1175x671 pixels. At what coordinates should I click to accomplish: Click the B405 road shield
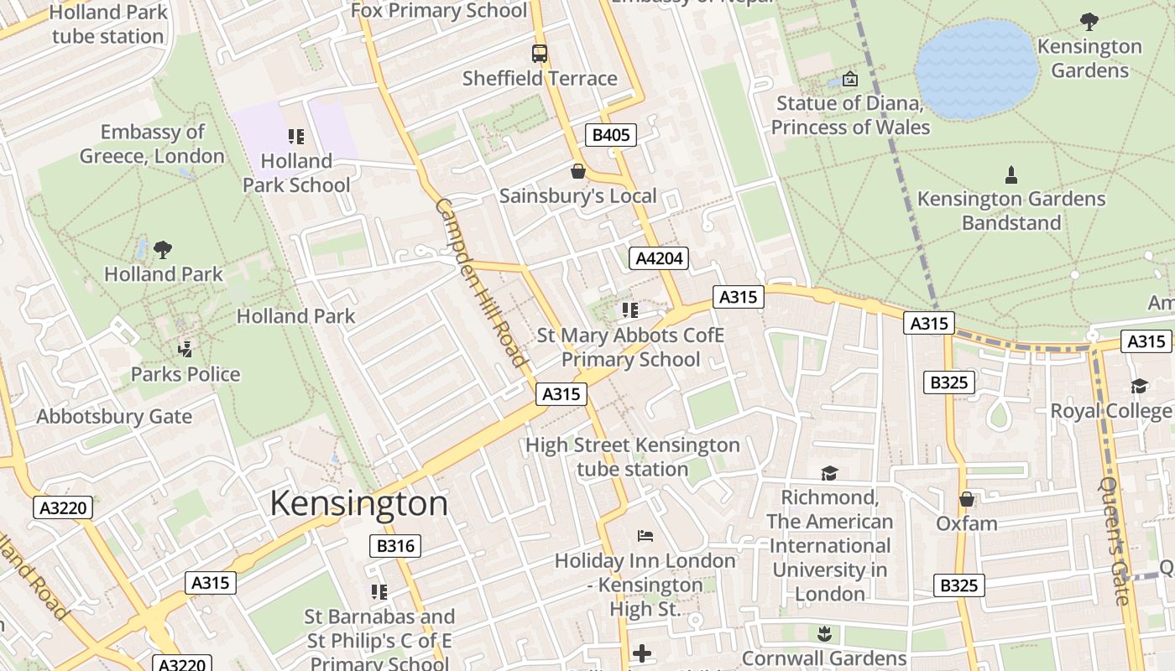(610, 135)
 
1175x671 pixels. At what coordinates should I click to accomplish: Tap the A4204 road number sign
(658, 258)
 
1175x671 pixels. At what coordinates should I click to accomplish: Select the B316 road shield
(395, 546)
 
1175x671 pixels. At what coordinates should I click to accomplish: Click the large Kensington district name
(358, 503)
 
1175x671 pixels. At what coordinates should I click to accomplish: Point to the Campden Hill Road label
(481, 283)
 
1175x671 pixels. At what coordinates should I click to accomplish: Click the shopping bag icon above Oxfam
(967, 499)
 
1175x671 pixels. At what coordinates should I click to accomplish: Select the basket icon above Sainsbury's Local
(577, 172)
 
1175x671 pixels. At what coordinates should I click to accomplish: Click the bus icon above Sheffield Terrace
(540, 54)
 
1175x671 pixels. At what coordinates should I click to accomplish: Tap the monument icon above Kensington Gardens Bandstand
(1011, 175)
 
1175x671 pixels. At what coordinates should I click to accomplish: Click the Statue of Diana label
(850, 116)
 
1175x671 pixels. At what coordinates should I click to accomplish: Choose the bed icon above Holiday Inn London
(645, 535)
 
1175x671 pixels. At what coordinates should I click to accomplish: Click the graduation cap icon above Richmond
(829, 473)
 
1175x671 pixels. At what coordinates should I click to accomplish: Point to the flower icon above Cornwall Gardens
(824, 633)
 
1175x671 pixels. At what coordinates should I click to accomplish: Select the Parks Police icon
(185, 349)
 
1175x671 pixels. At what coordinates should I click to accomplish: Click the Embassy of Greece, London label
(152, 144)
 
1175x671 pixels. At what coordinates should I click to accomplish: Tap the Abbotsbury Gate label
(114, 417)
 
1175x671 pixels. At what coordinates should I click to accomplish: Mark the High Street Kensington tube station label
(633, 457)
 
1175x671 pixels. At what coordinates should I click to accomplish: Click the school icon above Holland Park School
(295, 136)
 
